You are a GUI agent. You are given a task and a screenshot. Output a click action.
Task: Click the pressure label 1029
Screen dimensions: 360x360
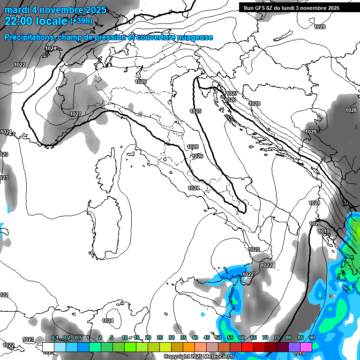pos(310,132)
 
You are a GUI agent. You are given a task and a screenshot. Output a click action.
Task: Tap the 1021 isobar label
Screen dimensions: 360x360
pos(314,203)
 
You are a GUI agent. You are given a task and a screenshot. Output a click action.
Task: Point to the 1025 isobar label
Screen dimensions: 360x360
pos(195,111)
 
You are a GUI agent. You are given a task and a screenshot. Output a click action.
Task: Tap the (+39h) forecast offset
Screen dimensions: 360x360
pos(81,21)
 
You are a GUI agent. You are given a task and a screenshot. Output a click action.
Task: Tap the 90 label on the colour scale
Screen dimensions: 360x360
pos(312,337)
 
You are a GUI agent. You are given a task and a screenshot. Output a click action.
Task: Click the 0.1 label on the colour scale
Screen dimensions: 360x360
pos(55,337)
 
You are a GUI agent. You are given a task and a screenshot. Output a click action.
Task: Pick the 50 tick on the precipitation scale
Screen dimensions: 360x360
pos(218,337)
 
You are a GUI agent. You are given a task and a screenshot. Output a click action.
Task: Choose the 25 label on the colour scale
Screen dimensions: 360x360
pos(160,337)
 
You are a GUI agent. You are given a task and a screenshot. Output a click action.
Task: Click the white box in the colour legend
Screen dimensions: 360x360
pos(48,347)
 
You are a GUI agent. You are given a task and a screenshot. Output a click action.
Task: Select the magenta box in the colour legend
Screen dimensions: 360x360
pos(306,347)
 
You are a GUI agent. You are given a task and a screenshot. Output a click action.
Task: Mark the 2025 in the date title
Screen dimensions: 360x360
pos(94,10)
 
